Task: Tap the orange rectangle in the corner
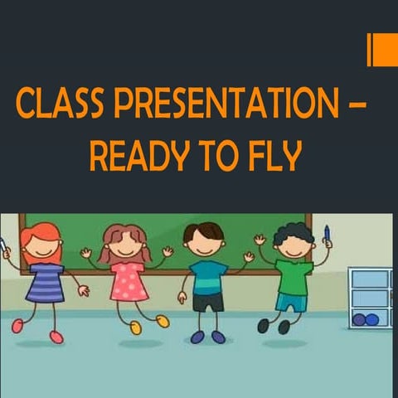(383, 49)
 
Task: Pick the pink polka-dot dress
(129, 281)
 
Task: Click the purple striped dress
(46, 283)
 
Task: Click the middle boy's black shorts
(208, 302)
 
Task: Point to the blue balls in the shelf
(365, 319)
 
